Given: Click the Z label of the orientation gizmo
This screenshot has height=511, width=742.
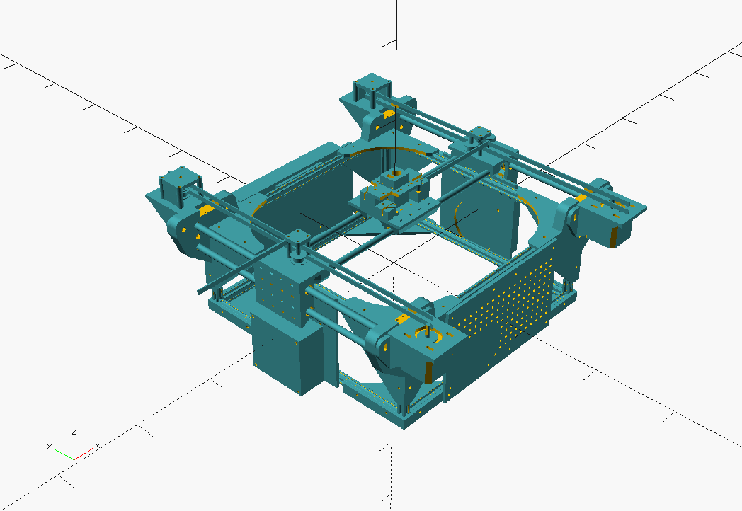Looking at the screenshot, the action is pyautogui.click(x=74, y=432).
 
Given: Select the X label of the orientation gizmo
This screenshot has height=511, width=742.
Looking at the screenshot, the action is pyautogui.click(x=98, y=446).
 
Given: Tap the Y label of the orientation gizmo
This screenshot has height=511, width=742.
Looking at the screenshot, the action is pyautogui.click(x=50, y=446).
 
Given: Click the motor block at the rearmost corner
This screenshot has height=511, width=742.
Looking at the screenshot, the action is pyautogui.click(x=372, y=88).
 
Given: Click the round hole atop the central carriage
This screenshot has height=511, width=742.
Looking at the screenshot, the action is pyautogui.click(x=393, y=173).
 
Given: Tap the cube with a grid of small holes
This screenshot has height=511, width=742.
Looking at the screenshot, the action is pyautogui.click(x=282, y=289).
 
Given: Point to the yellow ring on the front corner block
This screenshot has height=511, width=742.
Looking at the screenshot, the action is pyautogui.click(x=428, y=334).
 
